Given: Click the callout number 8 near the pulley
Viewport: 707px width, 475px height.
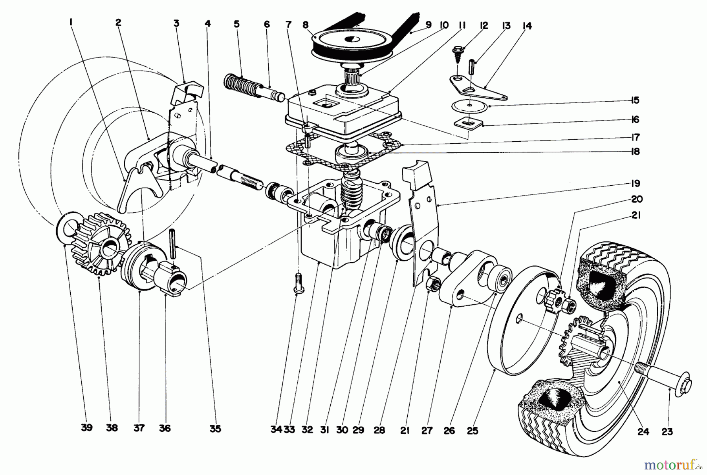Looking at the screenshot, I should click(306, 24).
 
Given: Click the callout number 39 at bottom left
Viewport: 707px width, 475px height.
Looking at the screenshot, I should click(86, 427).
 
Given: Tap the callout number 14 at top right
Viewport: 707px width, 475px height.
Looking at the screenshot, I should click(527, 26).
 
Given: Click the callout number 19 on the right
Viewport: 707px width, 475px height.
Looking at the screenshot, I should click(635, 183).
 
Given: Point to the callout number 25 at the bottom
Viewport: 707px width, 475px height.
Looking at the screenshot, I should click(473, 431).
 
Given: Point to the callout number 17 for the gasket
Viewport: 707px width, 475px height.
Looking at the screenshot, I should click(635, 137).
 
